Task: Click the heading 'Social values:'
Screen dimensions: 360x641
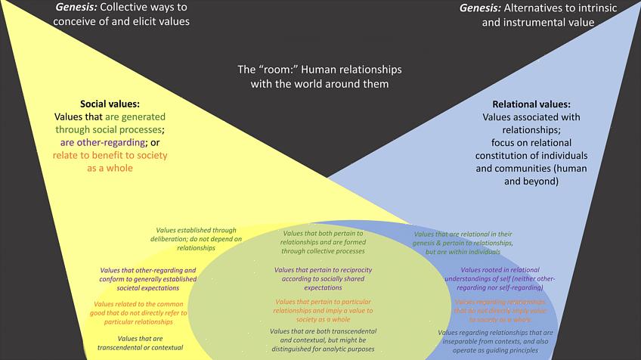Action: tap(110, 104)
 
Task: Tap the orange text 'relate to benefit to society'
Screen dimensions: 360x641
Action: tap(110, 155)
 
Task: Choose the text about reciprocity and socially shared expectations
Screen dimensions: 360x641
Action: tap(323, 278)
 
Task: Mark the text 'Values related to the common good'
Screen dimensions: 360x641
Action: tap(135, 308)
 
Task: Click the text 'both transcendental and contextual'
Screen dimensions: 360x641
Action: tap(323, 340)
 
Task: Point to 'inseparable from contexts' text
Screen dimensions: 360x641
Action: tap(496, 342)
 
